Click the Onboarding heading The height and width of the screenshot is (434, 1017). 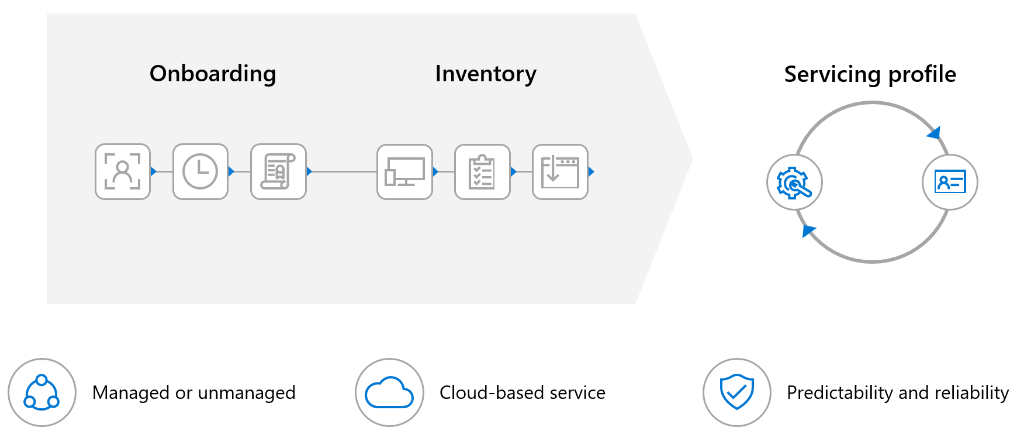click(x=213, y=74)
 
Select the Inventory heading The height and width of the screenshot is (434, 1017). click(x=485, y=74)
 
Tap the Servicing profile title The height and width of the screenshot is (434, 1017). click(x=870, y=74)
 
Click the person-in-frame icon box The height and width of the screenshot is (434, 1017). click(x=123, y=171)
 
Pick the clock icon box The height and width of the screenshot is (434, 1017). click(x=200, y=171)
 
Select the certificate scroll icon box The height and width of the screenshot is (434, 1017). click(x=278, y=171)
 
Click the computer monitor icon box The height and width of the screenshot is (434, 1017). click(x=404, y=171)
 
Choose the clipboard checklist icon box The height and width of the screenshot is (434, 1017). click(x=482, y=171)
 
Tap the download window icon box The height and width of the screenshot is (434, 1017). click(x=560, y=171)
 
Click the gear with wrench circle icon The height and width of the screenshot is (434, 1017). click(x=794, y=182)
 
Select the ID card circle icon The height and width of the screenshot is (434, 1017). click(x=950, y=182)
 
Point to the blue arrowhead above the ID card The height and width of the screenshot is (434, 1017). click(x=934, y=133)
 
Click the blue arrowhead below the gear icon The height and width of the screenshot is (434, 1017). click(x=808, y=230)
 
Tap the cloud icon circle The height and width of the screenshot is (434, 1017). click(x=389, y=392)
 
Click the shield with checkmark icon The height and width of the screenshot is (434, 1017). click(x=737, y=392)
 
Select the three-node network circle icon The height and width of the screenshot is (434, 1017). click(x=41, y=392)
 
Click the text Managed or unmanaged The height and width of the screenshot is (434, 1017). click(x=193, y=392)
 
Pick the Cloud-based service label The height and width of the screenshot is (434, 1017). click(x=522, y=392)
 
